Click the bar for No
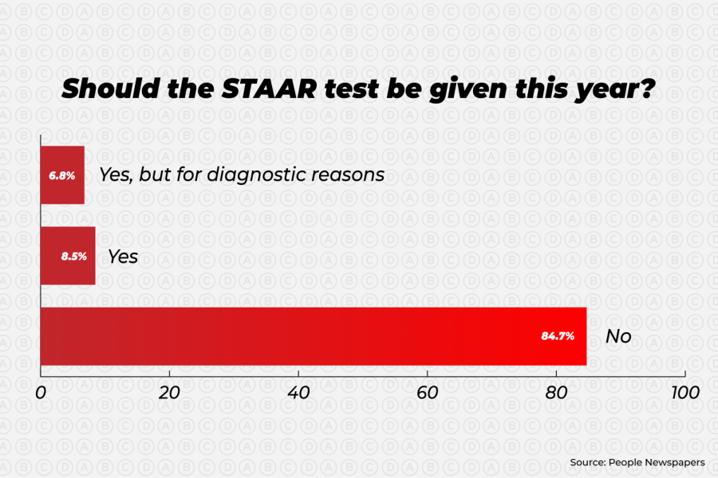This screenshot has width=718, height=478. pyautogui.click(x=314, y=336)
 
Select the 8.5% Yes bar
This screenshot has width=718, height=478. pyautogui.click(x=68, y=256)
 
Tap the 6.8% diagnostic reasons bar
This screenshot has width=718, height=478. pyautogui.click(x=62, y=175)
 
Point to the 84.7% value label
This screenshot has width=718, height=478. pyautogui.click(x=558, y=336)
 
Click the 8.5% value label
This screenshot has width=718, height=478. pyautogui.click(x=73, y=257)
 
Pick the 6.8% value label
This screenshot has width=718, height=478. pyautogui.click(x=61, y=175)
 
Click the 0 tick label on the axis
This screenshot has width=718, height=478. pyautogui.click(x=41, y=393)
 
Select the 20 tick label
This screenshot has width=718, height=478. pyautogui.click(x=169, y=393)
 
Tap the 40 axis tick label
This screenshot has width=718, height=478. pyautogui.click(x=298, y=393)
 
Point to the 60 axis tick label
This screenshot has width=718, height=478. pyautogui.click(x=428, y=393)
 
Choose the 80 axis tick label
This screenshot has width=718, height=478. pyautogui.click(x=556, y=393)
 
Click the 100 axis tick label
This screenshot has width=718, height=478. pyautogui.click(x=685, y=393)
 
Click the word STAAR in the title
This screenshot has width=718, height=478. pyautogui.click(x=269, y=88)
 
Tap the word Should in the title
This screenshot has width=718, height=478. pyautogui.click(x=111, y=88)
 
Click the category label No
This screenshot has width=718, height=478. pyautogui.click(x=618, y=336)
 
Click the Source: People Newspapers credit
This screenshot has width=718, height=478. pyautogui.click(x=637, y=462)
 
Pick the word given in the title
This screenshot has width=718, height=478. pyautogui.click(x=468, y=90)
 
